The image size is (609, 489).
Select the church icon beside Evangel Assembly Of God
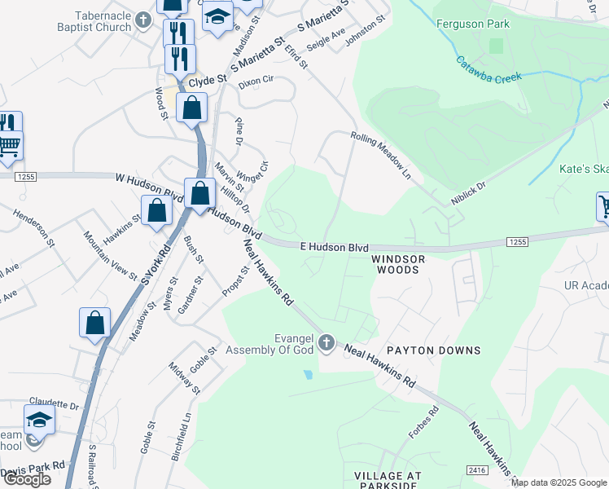pos(326,342)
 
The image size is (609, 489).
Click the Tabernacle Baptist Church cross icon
pos(143,19)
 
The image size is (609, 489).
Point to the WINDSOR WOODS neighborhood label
pos(399,263)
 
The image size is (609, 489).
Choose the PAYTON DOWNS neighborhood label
pos(433,350)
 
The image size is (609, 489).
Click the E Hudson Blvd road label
pos(335,247)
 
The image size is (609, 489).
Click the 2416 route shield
pos(478,470)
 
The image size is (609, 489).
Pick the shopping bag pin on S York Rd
pos(95,322)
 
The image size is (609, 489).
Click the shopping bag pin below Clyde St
pos(191,108)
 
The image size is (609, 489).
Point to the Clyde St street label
pos(207,81)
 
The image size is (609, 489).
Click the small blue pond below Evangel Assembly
pos(307,375)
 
